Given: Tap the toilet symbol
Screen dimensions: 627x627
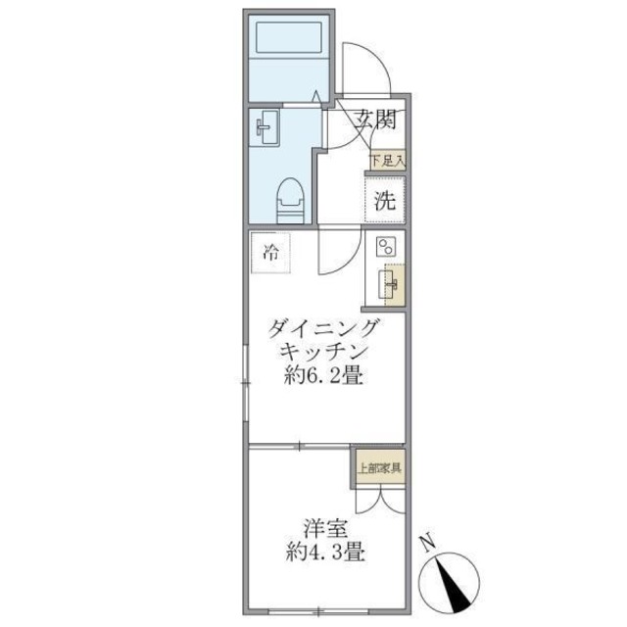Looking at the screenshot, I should (x=290, y=200).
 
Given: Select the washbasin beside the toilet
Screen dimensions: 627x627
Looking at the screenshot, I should (x=266, y=126).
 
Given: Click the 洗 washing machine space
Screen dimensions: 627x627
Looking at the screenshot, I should (x=386, y=206).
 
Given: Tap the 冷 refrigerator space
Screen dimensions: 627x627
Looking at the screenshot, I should (x=269, y=252).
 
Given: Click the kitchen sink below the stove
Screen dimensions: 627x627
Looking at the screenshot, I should (x=389, y=286).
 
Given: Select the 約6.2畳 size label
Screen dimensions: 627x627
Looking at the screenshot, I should (x=322, y=376).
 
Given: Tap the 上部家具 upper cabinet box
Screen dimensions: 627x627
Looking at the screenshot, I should (x=378, y=467).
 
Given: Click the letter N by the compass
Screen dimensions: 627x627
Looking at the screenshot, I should (x=426, y=541).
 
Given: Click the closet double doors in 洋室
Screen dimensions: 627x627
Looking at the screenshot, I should (x=378, y=499).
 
